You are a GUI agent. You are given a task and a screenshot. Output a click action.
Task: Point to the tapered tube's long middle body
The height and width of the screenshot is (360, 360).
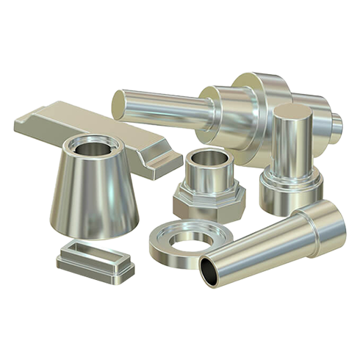[261, 246]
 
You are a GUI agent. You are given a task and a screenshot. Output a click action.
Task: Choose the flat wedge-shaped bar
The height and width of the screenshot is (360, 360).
[81, 125]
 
